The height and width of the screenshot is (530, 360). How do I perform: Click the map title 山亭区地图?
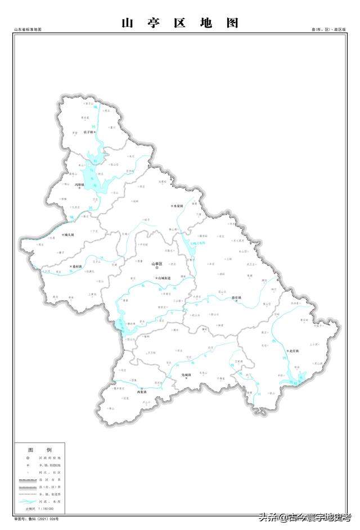pyautogui.click(x=180, y=23)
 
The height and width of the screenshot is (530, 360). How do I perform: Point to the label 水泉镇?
pyautogui.click(x=178, y=206)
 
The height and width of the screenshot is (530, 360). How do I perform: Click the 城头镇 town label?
pyautogui.click(x=69, y=234)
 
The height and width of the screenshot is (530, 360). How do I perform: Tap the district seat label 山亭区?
pyautogui.click(x=156, y=264)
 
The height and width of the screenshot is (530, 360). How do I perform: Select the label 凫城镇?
pyautogui.click(x=187, y=374)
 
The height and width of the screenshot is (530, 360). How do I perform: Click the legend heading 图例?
pyautogui.click(x=40, y=450)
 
